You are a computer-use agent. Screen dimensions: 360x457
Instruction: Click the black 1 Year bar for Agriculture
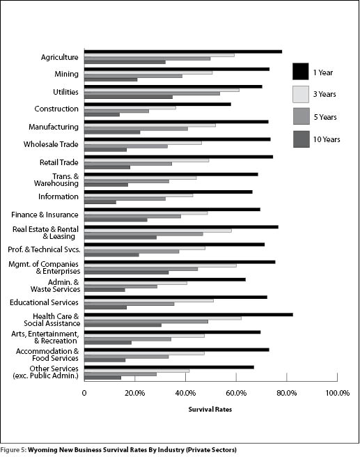(183, 52)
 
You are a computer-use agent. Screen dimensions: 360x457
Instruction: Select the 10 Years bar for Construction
(102, 114)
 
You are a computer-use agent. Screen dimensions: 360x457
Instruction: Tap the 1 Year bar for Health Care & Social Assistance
(189, 315)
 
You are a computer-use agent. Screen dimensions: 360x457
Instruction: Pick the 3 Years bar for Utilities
(162, 90)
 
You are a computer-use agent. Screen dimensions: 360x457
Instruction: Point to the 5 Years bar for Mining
(133, 76)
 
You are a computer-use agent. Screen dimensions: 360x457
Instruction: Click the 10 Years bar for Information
(100, 202)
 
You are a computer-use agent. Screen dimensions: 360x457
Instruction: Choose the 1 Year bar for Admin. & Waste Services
(165, 280)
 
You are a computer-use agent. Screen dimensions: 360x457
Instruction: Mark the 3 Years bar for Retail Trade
(146, 160)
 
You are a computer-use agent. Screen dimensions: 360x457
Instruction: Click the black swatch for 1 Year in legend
(301, 71)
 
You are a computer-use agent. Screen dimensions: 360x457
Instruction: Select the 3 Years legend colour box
(301, 94)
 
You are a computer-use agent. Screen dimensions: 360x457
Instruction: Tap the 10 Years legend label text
(327, 139)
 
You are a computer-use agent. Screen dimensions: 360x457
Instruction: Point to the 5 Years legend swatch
(302, 116)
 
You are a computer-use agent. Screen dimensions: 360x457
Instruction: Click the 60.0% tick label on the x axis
(236, 393)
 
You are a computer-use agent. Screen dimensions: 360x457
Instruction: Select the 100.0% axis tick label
(337, 393)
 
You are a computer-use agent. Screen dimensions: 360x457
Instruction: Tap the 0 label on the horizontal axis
(84, 393)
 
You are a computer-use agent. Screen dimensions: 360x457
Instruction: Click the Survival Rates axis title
(210, 410)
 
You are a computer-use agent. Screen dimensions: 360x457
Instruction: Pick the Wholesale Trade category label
(51, 144)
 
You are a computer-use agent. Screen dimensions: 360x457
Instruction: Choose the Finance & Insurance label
(45, 215)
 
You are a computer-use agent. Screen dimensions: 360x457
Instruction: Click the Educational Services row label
(44, 302)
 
